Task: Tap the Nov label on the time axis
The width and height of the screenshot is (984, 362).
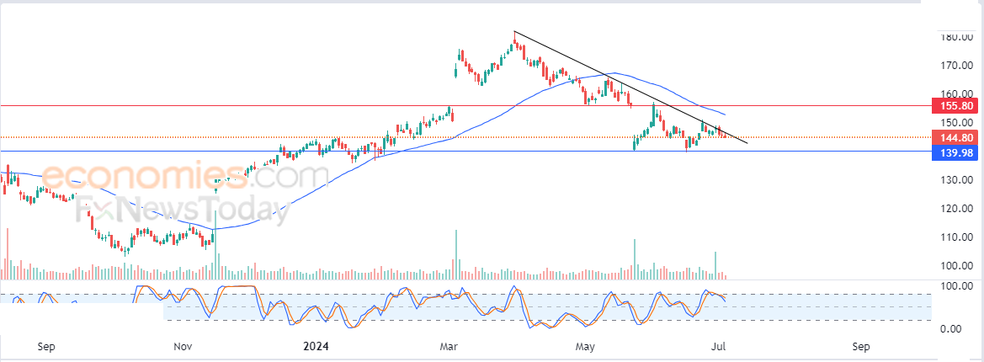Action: [x=183, y=346]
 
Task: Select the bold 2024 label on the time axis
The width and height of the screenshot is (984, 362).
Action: [x=316, y=346]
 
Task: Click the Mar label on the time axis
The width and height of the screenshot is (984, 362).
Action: [x=448, y=346]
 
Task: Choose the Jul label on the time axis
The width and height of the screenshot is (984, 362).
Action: [x=718, y=346]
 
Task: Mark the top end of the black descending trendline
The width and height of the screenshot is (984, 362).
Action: [x=514, y=32]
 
